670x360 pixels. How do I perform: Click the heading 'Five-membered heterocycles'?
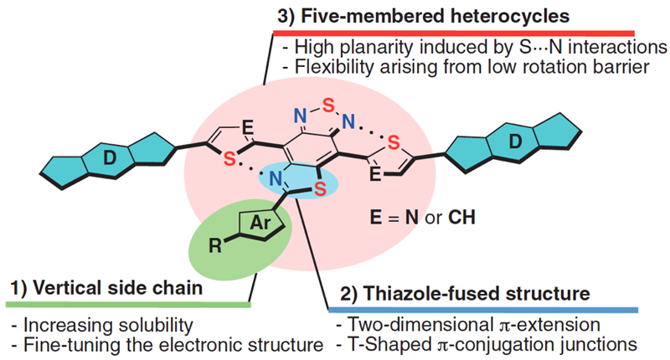435,16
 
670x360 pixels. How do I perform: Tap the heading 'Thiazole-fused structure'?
477,294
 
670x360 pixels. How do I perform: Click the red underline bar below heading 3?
454,33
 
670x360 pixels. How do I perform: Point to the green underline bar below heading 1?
128,305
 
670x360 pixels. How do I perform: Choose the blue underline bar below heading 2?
483,310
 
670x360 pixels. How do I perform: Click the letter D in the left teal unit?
110,158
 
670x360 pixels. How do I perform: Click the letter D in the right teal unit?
515,141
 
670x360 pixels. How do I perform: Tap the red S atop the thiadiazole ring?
328,105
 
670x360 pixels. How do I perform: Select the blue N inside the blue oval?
276,179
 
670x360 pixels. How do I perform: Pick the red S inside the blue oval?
321,188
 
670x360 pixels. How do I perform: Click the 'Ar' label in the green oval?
260,223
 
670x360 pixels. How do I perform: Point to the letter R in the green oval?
215,245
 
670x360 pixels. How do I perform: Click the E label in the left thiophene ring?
247,126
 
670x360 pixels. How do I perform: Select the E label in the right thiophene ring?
374,174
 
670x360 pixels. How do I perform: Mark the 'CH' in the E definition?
462,218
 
